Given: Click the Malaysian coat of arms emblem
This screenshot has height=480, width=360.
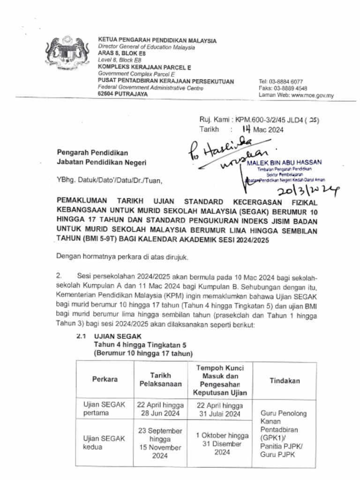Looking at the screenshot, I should pos(67,53).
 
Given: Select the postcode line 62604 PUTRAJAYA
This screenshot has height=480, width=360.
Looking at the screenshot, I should pos(122,94).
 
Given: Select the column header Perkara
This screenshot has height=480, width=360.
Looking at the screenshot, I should pos(105,379).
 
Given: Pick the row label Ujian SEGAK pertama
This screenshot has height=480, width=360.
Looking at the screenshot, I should pos(104,409).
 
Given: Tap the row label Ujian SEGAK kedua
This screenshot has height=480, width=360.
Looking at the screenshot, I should pos(104,442).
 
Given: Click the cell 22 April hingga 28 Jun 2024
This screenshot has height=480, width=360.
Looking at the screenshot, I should pos(160,409).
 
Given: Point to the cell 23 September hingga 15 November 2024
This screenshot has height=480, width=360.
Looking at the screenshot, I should pos(160,443).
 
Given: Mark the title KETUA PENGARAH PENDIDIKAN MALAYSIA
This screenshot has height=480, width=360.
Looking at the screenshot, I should pos(157,41).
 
